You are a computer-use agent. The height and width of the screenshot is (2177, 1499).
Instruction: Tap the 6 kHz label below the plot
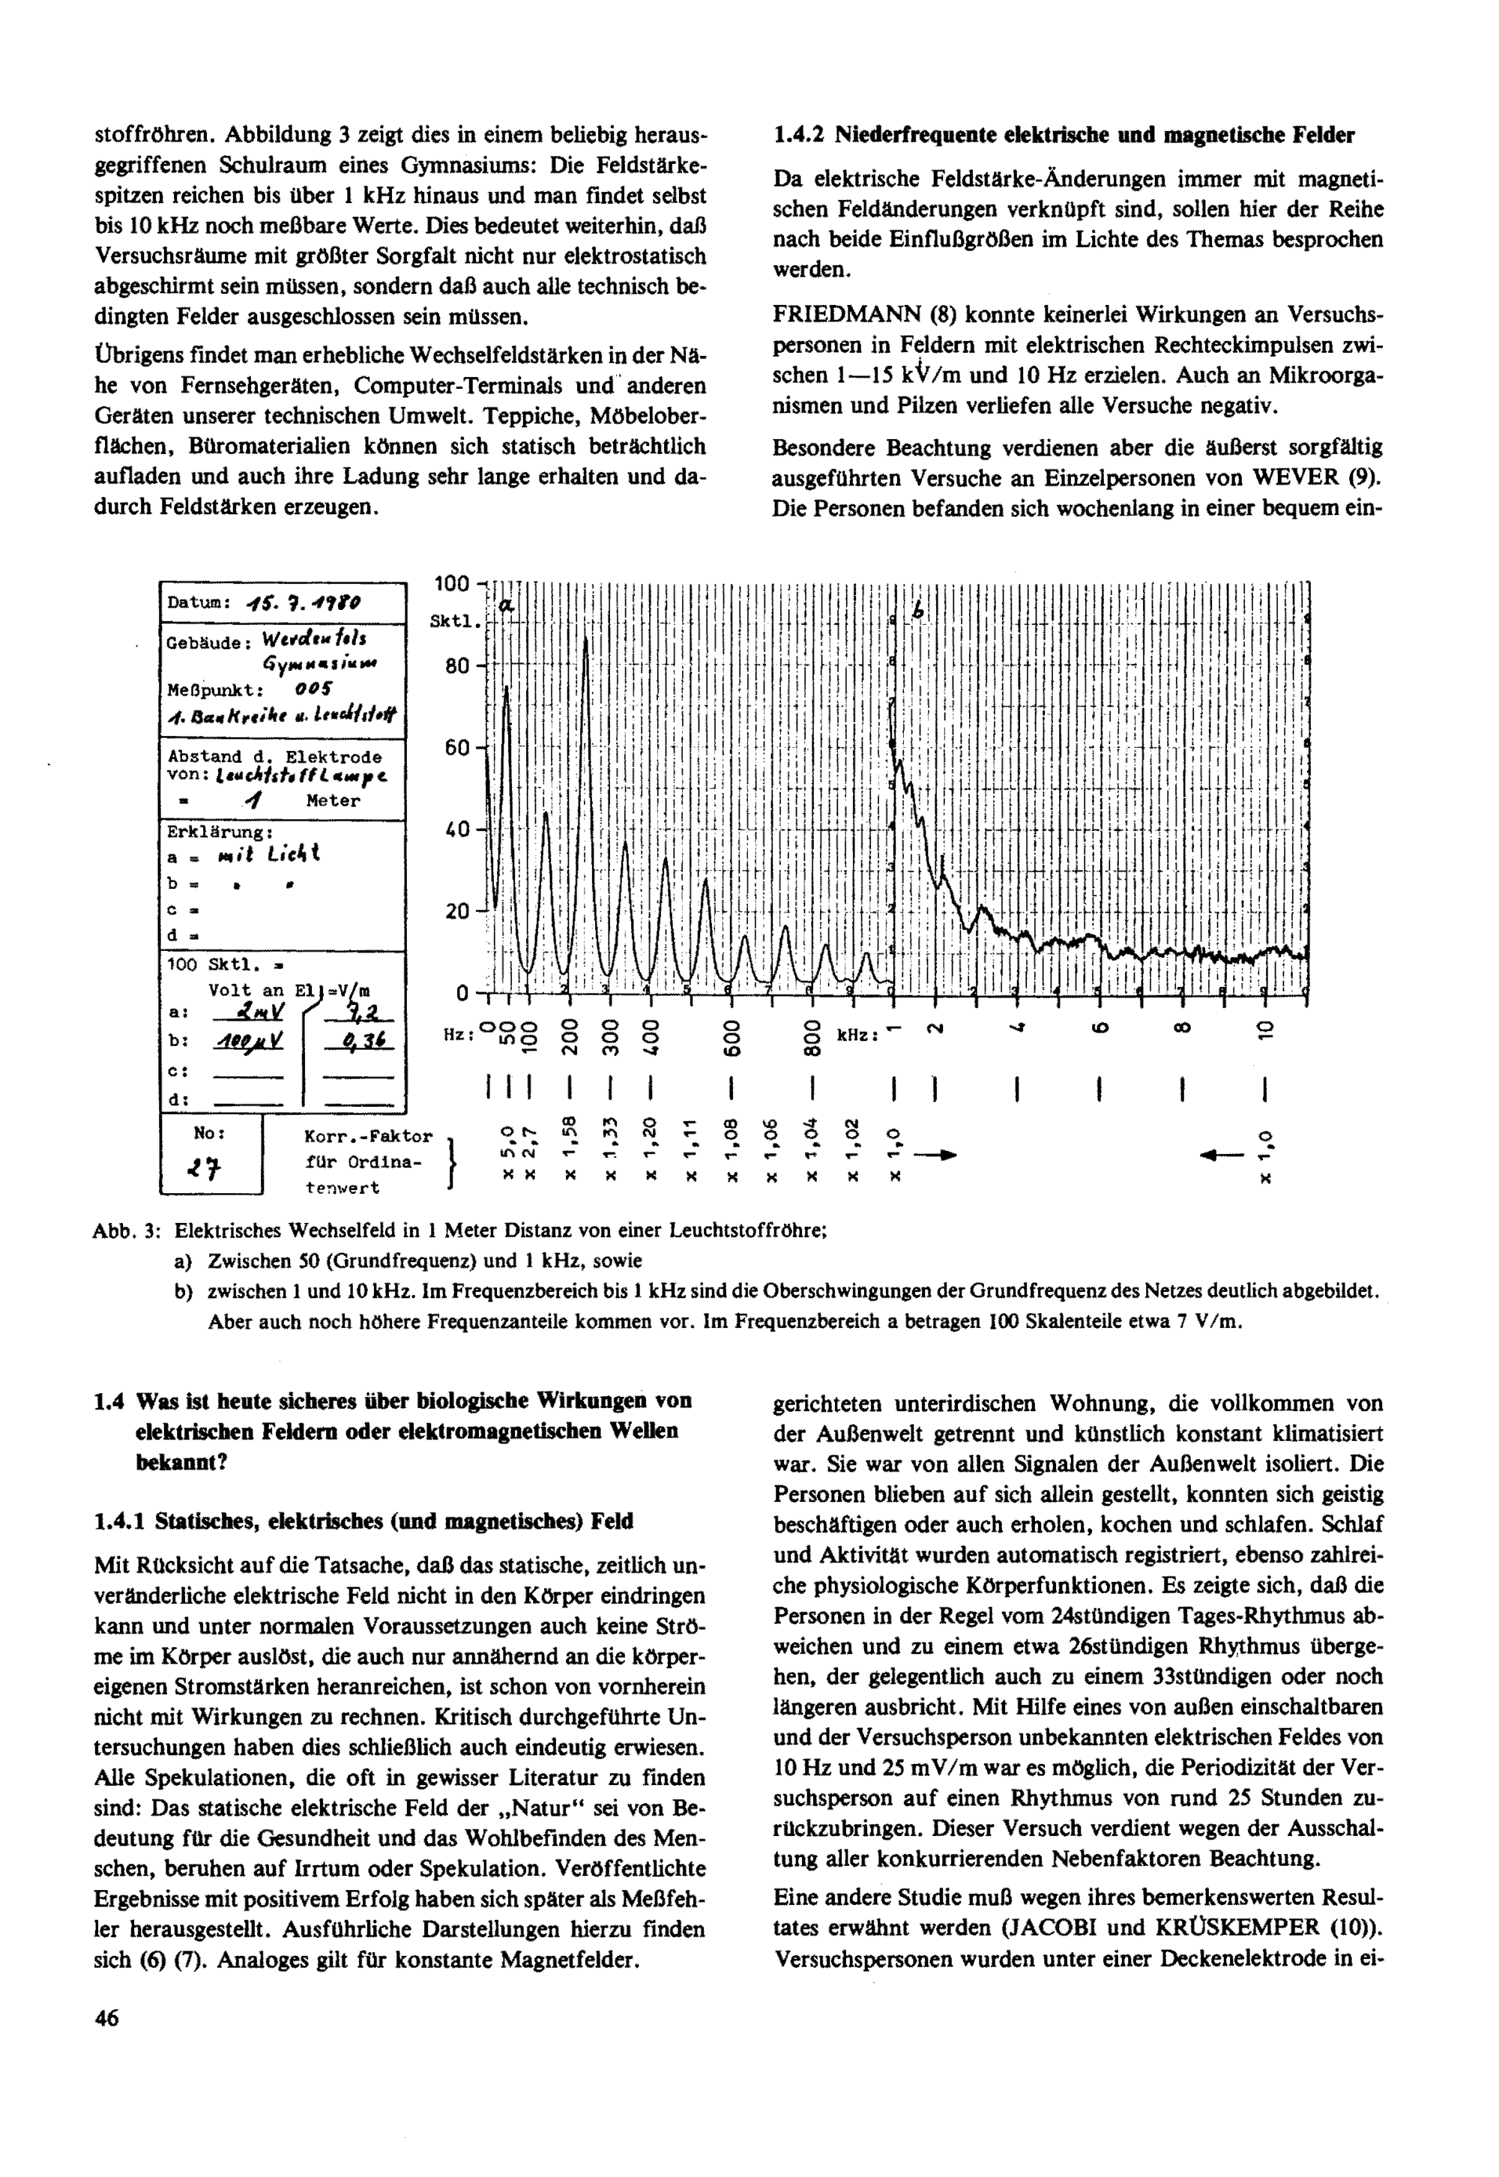point(1098,1031)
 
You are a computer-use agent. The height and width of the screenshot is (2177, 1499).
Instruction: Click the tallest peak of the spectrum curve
point(587,638)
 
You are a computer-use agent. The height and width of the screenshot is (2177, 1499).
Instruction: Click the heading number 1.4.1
point(119,1521)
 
